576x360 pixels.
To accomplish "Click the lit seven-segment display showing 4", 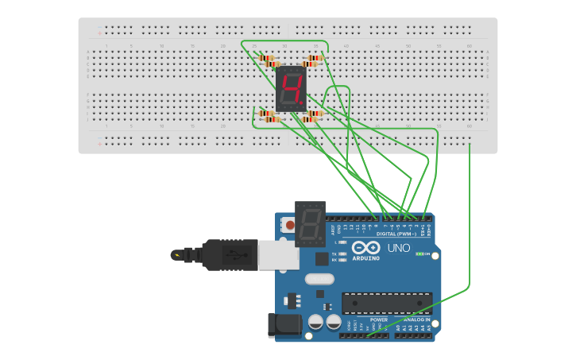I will click(292, 88).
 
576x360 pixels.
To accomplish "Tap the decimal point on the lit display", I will click(303, 105).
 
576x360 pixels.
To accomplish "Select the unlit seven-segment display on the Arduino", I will click(309, 223).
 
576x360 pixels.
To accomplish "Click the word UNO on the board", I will click(398, 248).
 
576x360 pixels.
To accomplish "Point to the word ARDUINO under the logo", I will click(365, 258).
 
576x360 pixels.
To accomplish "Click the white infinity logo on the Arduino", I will click(365, 246).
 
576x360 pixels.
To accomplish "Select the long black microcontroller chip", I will click(387, 303).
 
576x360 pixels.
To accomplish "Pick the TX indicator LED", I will click(342, 254).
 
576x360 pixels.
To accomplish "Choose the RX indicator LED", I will click(342, 260).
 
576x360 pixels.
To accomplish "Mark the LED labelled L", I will click(342, 242).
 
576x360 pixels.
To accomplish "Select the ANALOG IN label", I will click(416, 319).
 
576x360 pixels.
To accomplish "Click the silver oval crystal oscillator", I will click(319, 279).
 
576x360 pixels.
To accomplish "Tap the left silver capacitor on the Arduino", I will click(315, 322).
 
